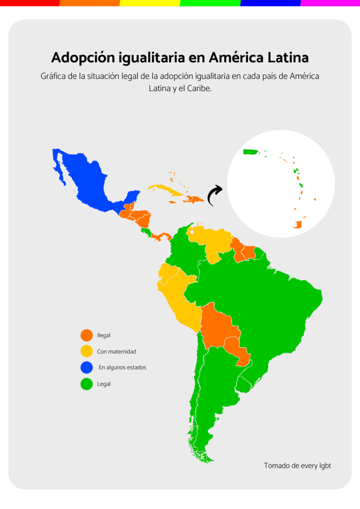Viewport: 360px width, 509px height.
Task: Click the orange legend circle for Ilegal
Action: click(x=87, y=336)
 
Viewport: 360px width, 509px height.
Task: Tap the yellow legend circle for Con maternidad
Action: click(x=87, y=351)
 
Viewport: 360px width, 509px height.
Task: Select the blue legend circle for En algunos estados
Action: click(x=87, y=367)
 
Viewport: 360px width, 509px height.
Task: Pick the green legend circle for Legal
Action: click(x=87, y=384)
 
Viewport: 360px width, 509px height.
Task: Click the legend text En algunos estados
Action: click(x=122, y=367)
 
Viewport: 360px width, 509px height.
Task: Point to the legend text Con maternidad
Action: click(x=116, y=351)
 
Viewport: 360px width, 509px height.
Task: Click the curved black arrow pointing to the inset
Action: click(x=214, y=195)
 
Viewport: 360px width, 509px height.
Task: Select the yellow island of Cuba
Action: click(x=167, y=189)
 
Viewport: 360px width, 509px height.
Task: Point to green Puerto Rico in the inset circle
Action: click(x=249, y=152)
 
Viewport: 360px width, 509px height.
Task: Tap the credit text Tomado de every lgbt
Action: click(x=297, y=466)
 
